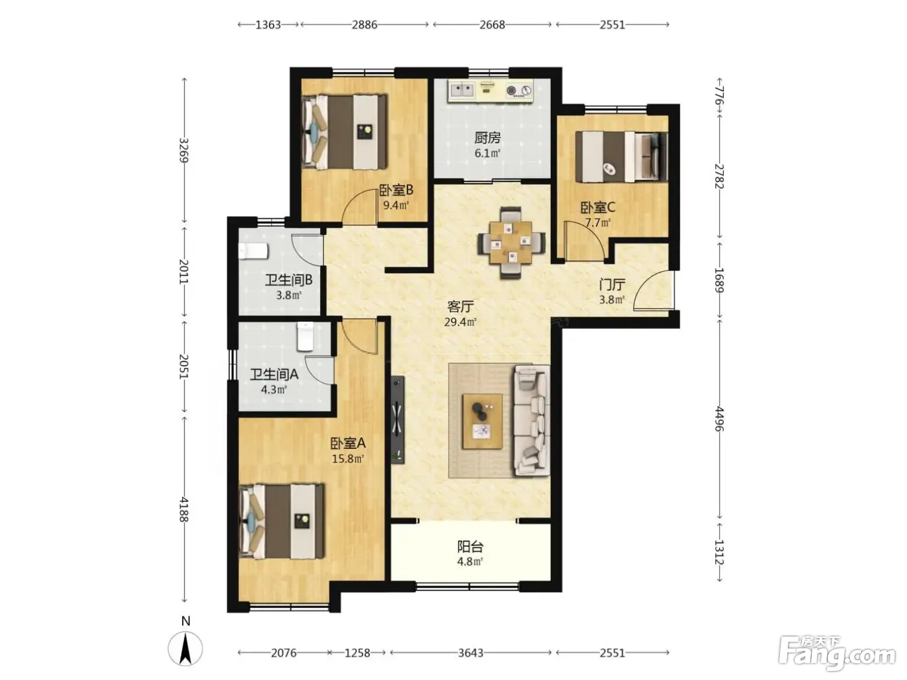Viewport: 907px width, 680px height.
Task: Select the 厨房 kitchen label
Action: pyautogui.click(x=487, y=137)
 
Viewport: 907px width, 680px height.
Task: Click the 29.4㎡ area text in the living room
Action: pyautogui.click(x=461, y=322)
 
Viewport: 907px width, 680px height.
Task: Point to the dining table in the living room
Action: pyautogui.click(x=511, y=243)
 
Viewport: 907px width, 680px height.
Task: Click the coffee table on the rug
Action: pyautogui.click(x=482, y=422)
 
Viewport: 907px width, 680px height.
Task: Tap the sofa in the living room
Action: pyautogui.click(x=531, y=420)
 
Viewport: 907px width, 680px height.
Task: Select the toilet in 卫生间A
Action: pyautogui.click(x=306, y=336)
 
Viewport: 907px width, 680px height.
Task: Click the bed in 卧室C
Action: pyautogui.click(x=621, y=157)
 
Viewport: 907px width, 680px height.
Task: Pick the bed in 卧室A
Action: pyautogui.click(x=282, y=521)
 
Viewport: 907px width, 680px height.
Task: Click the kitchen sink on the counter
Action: pyautogui.click(x=462, y=90)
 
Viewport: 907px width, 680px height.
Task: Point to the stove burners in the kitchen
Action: pyautogui.click(x=519, y=90)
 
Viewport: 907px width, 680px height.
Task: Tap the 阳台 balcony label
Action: pyautogui.click(x=470, y=547)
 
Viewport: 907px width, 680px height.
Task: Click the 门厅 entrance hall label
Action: pyautogui.click(x=612, y=284)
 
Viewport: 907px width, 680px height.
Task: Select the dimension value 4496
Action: pyautogui.click(x=719, y=418)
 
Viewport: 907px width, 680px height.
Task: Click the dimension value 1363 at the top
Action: pyautogui.click(x=268, y=25)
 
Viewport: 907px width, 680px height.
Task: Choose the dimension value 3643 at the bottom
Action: pyautogui.click(x=470, y=653)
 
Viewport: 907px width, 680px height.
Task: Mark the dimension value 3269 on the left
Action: pyautogui.click(x=184, y=150)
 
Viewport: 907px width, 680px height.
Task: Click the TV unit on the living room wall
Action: pyautogui.click(x=397, y=420)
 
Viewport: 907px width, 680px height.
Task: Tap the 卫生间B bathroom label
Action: pyautogui.click(x=288, y=280)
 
